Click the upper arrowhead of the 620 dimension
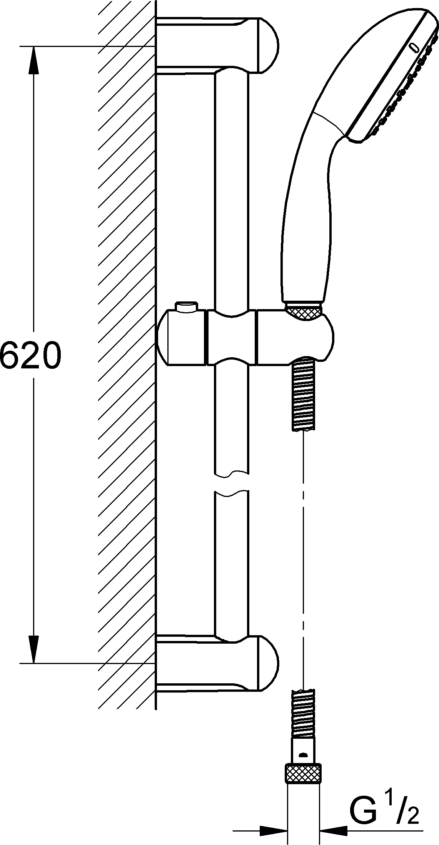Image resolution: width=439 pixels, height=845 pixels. click(34, 60)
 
